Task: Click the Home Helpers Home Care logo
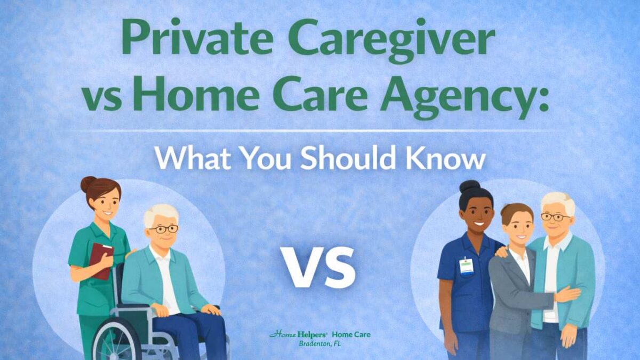(319, 334)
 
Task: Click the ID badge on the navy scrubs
(467, 266)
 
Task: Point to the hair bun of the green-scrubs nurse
(88, 184)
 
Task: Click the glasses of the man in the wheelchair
(163, 229)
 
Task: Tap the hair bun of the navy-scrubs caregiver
(470, 187)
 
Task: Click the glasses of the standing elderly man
(555, 217)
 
